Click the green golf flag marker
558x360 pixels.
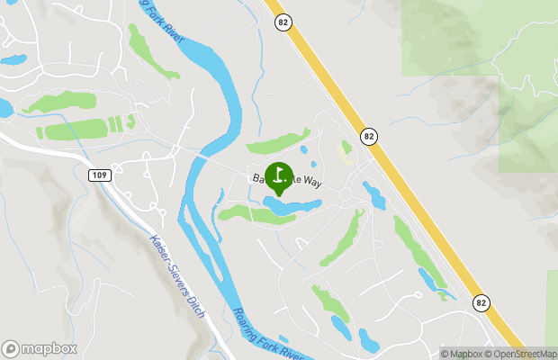pyautogui.click(x=279, y=176)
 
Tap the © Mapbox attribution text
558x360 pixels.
pyautogui.click(x=462, y=354)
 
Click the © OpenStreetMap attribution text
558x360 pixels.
pyautogui.click(x=522, y=354)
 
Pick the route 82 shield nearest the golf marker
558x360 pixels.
pyautogui.click(x=369, y=137)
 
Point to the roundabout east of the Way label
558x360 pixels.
pyautogui.click(x=346, y=194)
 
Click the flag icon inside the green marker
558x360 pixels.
pyautogui.click(x=279, y=174)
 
